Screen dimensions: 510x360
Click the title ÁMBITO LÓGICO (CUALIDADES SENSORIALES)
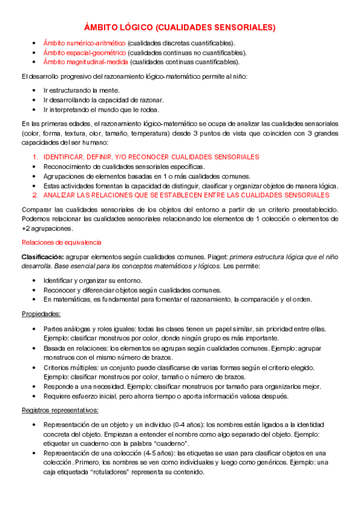pos(179,27)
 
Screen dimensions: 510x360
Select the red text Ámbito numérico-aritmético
pos(84,43)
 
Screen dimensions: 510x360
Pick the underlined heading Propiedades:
pos(41,313)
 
